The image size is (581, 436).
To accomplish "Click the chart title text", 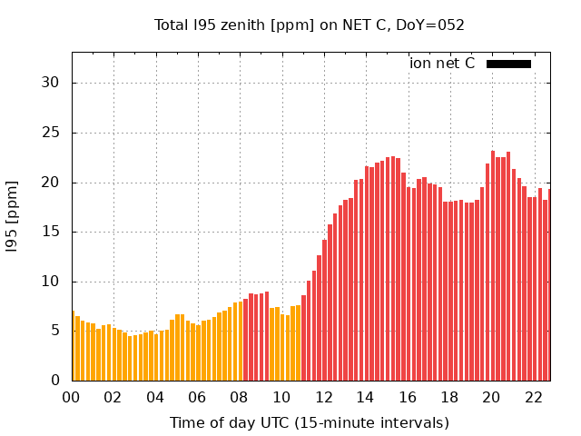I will coord(309,25).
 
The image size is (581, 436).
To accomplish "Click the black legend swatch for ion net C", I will coord(508,64).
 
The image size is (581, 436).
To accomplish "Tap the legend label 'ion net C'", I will coord(442,64).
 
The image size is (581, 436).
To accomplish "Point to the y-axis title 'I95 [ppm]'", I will coord(13,216).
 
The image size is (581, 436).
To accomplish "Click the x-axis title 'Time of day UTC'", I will coord(309,422).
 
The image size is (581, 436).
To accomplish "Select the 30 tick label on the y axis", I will coord(51,83).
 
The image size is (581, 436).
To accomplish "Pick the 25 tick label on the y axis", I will coord(51,133).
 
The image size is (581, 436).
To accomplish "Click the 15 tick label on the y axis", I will coord(51,232).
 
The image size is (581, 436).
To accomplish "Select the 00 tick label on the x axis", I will coord(72,397).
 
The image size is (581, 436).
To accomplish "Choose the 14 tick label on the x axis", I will coord(366,397).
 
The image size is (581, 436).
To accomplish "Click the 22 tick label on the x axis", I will coord(534,397).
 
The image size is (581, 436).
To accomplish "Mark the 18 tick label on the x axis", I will coord(449,397).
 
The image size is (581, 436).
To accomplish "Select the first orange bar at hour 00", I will coord(73,346).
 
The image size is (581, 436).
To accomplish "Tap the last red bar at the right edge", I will coord(548,285).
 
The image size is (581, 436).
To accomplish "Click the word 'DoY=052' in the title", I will coord(436,25).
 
